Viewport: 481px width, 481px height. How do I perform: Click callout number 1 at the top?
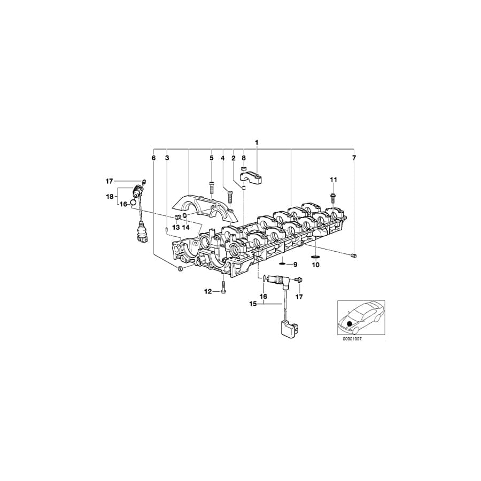pyautogui.click(x=257, y=142)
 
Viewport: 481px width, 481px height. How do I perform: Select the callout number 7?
pyautogui.click(x=353, y=158)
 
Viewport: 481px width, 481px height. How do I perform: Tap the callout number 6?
pyautogui.click(x=153, y=158)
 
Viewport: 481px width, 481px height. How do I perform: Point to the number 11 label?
pyautogui.click(x=333, y=179)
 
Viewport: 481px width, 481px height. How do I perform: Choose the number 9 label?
pyautogui.click(x=294, y=265)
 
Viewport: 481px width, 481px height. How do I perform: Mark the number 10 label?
pyautogui.click(x=315, y=265)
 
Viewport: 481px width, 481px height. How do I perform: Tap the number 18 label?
pyautogui.click(x=109, y=196)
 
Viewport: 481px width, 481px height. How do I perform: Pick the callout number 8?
pyautogui.click(x=244, y=158)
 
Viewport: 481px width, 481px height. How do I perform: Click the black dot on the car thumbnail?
pyautogui.click(x=350, y=323)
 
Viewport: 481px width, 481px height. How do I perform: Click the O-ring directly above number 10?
pyautogui.click(x=315, y=257)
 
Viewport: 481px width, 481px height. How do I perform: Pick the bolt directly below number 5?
pyautogui.click(x=211, y=188)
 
